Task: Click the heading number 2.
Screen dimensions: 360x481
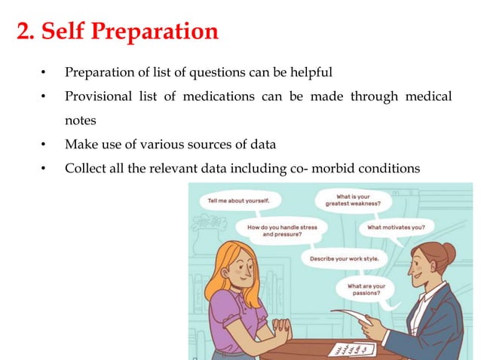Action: (x=24, y=32)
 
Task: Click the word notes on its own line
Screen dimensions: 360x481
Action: (x=80, y=120)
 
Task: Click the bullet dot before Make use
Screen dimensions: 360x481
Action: (x=44, y=144)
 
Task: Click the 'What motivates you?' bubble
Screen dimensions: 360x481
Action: (x=397, y=227)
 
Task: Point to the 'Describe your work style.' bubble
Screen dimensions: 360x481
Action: (x=345, y=258)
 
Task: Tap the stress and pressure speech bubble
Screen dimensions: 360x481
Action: (x=277, y=230)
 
